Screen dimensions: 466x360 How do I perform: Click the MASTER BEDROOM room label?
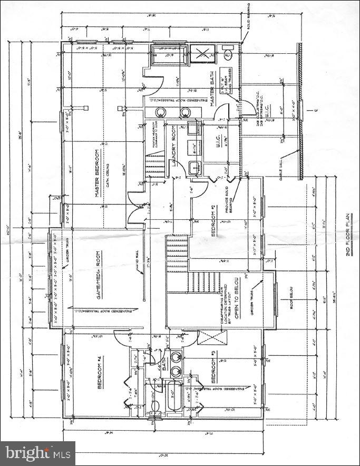(98, 174)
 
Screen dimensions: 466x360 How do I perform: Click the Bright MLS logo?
(37, 452)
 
